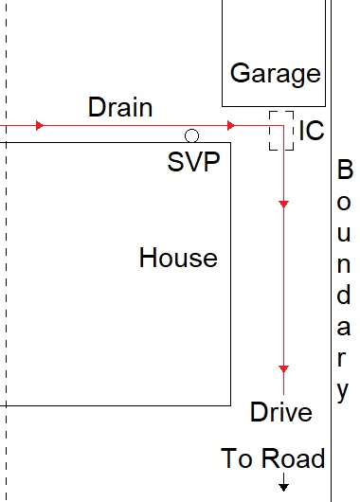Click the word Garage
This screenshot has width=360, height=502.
point(276,74)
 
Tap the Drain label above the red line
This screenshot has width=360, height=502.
point(119,107)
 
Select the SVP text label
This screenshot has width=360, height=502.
point(193,162)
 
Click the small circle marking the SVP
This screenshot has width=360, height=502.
point(191,135)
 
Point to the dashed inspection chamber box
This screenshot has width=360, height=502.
point(280,130)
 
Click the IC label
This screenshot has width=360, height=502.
point(311,132)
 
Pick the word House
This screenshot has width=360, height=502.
point(178,257)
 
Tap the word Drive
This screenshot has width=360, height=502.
point(280,412)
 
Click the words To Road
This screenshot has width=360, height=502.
point(273,459)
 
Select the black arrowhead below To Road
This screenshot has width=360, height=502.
point(283,488)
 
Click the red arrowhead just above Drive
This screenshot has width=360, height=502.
point(282,368)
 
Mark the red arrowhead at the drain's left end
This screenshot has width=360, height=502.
point(39,125)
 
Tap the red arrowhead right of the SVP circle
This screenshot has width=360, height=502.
point(231,125)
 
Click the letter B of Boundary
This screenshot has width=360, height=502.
point(345,171)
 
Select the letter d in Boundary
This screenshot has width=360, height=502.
point(345,295)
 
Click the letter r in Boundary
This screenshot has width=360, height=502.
point(345,358)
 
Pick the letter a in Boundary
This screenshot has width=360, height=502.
point(345,328)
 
